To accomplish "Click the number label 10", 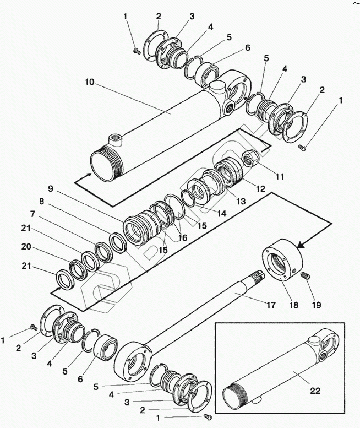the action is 89,82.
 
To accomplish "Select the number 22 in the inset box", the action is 315,391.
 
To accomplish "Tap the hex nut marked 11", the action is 249,159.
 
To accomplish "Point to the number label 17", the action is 271,305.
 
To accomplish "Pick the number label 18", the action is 294,305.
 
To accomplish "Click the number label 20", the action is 26,247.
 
